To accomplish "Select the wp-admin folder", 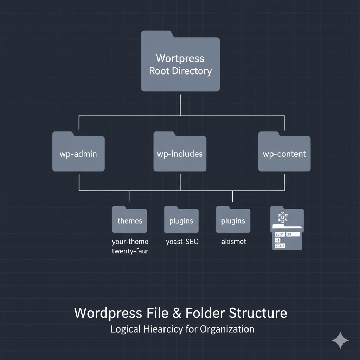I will click(78, 154).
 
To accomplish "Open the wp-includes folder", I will click(180, 154).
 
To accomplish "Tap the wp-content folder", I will click(284, 154).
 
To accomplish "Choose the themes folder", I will click(130, 220).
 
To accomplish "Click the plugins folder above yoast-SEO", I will click(181, 220).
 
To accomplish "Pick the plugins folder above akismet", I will click(233, 220).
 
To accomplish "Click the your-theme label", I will click(130, 242).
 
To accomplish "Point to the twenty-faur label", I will click(130, 251).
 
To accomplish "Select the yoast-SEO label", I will click(182, 242).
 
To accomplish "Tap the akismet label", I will click(234, 242).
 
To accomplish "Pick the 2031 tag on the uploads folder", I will click(280, 234).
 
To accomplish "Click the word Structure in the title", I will click(257, 313).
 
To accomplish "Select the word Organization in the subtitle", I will click(227, 329).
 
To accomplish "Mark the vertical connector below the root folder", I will click(180, 104).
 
